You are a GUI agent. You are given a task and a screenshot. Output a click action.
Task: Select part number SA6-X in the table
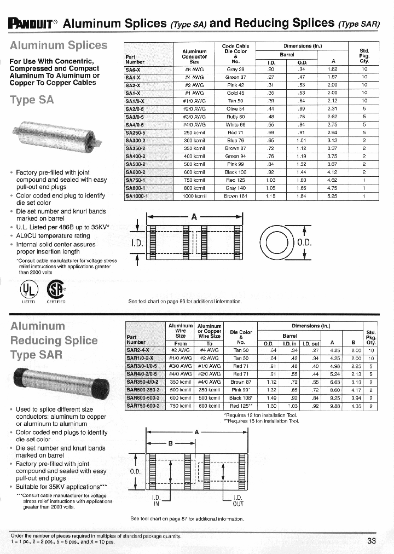(x=134, y=70)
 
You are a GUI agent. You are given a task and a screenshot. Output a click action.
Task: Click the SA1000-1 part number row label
(x=137, y=195)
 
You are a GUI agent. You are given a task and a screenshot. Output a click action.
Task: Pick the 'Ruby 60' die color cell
(x=235, y=117)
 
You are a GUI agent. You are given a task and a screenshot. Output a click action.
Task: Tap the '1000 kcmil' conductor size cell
(x=194, y=195)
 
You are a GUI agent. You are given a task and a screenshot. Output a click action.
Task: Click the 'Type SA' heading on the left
(x=32, y=100)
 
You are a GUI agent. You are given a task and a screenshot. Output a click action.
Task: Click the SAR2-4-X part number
(x=140, y=350)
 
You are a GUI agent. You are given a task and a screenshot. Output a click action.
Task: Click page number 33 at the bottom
(x=372, y=541)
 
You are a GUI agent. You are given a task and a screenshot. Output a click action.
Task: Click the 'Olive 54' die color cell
(x=235, y=109)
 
